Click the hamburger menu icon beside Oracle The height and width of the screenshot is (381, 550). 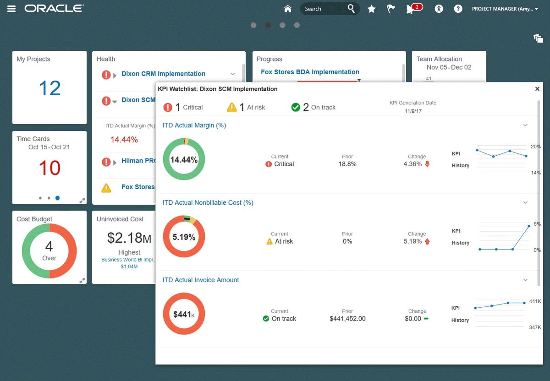(11, 9)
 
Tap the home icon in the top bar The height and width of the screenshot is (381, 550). (288, 9)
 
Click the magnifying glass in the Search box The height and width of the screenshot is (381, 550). (351, 9)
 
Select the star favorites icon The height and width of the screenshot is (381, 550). (372, 9)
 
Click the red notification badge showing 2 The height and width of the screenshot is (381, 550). (417, 7)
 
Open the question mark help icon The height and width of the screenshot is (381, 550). (458, 9)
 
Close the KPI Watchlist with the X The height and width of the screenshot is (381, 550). (537, 89)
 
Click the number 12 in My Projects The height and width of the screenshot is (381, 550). (49, 88)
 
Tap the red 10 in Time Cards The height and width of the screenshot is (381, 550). (49, 168)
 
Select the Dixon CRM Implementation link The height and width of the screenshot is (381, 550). (163, 74)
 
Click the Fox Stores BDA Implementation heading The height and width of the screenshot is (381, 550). (310, 72)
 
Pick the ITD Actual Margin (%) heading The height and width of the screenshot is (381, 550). (194, 125)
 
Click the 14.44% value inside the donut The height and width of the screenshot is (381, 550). (184, 160)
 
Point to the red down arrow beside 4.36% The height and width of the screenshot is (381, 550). (428, 164)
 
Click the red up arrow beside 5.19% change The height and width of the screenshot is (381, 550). (428, 241)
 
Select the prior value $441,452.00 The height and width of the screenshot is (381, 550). (347, 319)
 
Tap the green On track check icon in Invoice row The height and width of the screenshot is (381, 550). (266, 319)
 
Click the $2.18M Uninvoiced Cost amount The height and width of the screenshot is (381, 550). (129, 238)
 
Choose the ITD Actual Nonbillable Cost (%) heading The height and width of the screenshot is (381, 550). (208, 202)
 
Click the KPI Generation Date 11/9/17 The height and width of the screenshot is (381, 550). (412, 111)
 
